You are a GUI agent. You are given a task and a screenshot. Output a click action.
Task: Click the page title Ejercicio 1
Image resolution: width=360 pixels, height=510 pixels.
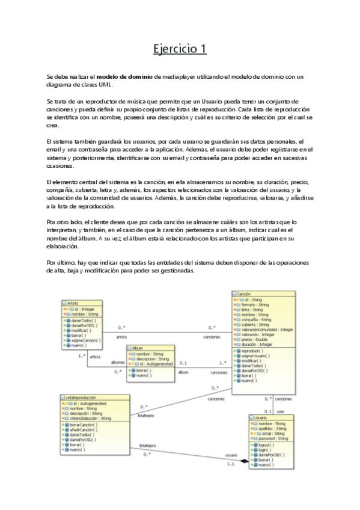180,48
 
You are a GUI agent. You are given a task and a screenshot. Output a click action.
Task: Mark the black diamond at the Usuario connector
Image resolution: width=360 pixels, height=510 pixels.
245,461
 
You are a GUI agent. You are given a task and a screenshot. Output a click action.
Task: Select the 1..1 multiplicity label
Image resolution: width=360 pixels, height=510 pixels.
230,465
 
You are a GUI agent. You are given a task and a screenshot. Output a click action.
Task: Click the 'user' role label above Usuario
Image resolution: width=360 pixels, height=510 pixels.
279,411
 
